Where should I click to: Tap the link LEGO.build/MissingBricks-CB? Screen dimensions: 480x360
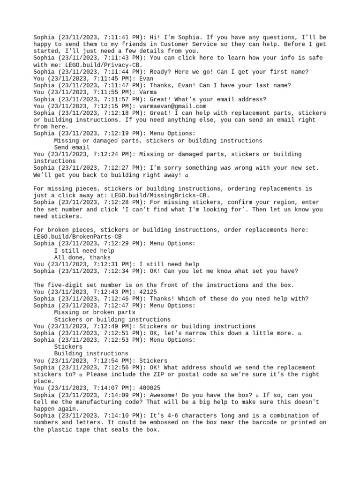click(162, 195)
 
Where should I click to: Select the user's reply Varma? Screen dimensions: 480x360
click(148, 92)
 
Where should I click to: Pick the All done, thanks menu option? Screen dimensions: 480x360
click(82, 257)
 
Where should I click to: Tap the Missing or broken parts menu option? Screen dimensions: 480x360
click(95, 312)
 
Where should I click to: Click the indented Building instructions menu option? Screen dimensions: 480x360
click(91, 353)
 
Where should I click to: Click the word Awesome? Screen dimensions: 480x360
click(164, 395)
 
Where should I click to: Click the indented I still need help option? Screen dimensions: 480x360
click(84, 251)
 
